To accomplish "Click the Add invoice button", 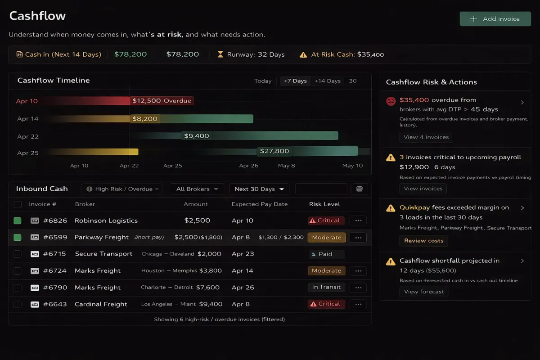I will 495,19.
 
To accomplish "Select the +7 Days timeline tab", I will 295,81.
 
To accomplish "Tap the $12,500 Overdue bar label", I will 162,101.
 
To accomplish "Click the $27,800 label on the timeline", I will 274,151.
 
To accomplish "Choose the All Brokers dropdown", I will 197,189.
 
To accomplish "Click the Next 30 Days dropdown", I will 259,189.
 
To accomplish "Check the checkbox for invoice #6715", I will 18,254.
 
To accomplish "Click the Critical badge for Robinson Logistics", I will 326,220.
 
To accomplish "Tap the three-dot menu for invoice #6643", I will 358,304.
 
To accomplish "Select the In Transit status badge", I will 326,287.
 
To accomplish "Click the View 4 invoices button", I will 426,137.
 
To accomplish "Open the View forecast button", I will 423,292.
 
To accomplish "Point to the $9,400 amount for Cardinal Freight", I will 211,304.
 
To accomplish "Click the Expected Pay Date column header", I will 259,204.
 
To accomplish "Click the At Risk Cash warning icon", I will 303,54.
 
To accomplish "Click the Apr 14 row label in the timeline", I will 28,119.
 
